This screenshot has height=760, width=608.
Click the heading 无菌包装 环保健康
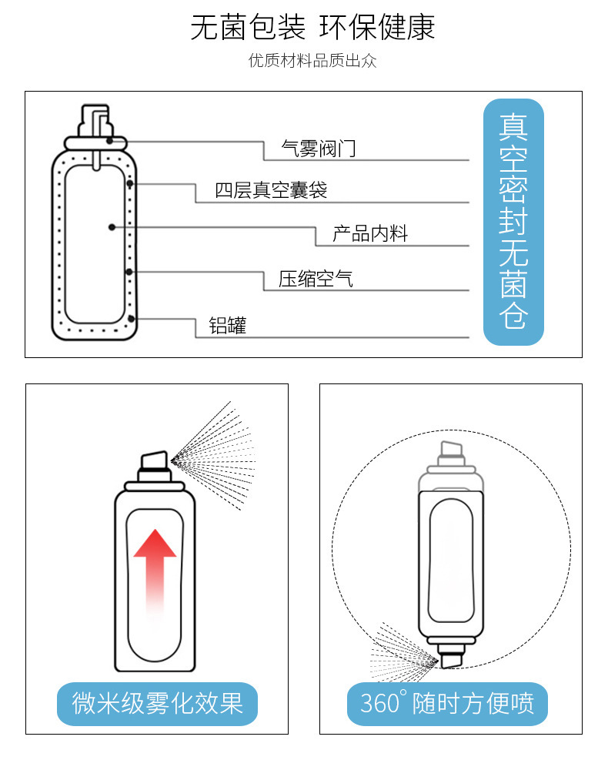[312, 28]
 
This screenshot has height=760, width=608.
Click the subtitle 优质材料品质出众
[312, 61]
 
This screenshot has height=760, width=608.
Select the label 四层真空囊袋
[271, 190]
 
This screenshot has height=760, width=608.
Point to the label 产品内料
[369, 234]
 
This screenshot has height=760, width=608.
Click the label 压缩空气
[316, 279]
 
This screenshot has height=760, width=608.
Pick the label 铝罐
[228, 326]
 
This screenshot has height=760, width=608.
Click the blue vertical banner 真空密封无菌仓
[513, 222]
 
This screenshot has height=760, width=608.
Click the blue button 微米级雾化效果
[157, 703]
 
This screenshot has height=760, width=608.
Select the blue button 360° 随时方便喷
[447, 703]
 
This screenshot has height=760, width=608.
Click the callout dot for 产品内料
[112, 227]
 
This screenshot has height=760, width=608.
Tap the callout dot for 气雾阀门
[111, 140]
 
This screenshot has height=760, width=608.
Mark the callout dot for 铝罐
[132, 318]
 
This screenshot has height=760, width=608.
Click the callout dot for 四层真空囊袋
[132, 184]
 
